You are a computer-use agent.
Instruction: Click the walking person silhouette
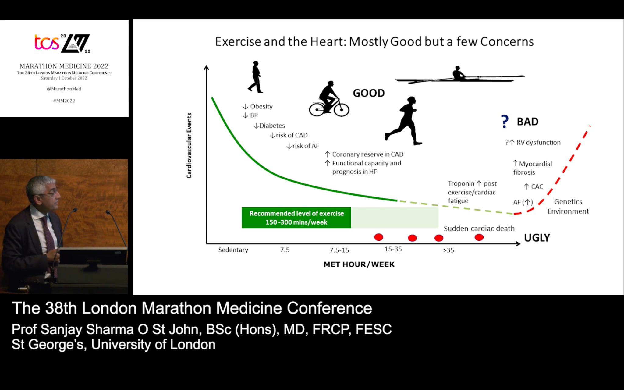256,77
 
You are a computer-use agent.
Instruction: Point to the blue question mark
505,121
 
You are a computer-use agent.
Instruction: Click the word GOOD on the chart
369,93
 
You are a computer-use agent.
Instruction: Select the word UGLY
537,238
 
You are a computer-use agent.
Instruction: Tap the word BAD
527,122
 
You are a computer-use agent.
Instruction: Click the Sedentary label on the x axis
233,250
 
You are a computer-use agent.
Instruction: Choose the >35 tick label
448,250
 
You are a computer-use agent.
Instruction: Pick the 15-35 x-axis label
393,249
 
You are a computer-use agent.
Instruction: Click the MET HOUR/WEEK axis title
359,264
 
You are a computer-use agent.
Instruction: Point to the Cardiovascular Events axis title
189,145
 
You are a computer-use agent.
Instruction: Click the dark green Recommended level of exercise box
296,218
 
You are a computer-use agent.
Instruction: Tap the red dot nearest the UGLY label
479,237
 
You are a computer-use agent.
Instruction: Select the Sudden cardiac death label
479,229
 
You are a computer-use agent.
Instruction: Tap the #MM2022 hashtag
64,101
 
